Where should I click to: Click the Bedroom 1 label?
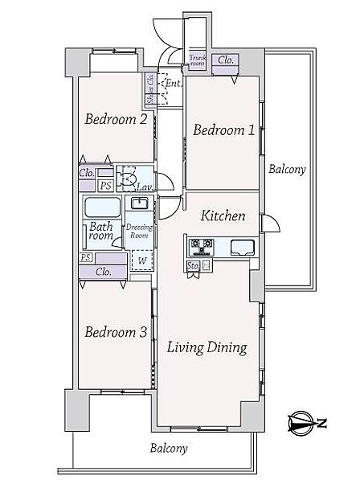pyautogui.click(x=223, y=130)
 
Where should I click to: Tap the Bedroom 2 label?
pyautogui.click(x=116, y=119)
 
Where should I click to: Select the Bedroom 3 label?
pyautogui.click(x=116, y=332)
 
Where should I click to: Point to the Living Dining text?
pyautogui.click(x=207, y=348)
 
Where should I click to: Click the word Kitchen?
pyautogui.click(x=223, y=215)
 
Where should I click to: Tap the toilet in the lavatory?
pyautogui.click(x=128, y=178)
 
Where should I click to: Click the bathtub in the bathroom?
pyautogui.click(x=103, y=207)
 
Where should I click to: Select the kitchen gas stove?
pyautogui.click(x=202, y=247)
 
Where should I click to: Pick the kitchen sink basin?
pyautogui.click(x=242, y=248)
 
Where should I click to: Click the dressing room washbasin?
pyautogui.click(x=140, y=203)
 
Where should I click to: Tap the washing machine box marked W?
pyautogui.click(x=142, y=261)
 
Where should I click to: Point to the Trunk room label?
pyautogui.click(x=198, y=60)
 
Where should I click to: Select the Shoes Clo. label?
pyautogui.click(x=150, y=88)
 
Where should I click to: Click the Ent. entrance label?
pyautogui.click(x=174, y=83)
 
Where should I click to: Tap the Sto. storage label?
pyautogui.click(x=193, y=265)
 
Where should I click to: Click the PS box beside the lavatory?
pyautogui.click(x=106, y=186)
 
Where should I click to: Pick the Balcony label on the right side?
pyautogui.click(x=287, y=170)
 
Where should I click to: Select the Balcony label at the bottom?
pyautogui.click(x=169, y=449)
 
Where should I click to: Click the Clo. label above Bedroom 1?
pyautogui.click(x=226, y=60)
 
